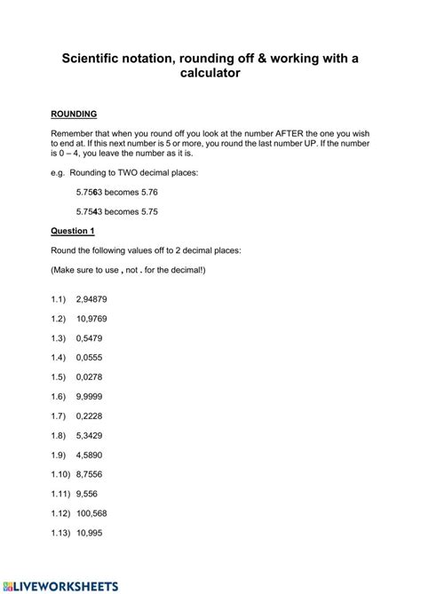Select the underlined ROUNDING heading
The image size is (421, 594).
pyautogui.click(x=74, y=115)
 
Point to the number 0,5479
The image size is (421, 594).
pyautogui.click(x=91, y=337)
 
